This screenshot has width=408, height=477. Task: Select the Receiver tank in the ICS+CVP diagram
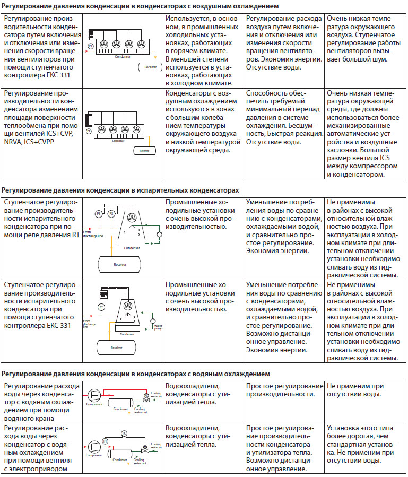pyautogui.click(x=143, y=151)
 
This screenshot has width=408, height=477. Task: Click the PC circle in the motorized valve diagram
pyautogui.click(x=124, y=433)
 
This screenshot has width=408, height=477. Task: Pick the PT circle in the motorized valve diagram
pyautogui.click(x=105, y=441)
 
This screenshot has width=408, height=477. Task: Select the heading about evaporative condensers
pyautogui.click(x=120, y=190)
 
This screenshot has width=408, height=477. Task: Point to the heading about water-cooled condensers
pyautogui.click(x=136, y=374)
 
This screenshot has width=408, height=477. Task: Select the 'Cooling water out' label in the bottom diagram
pyautogui.click(x=140, y=462)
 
